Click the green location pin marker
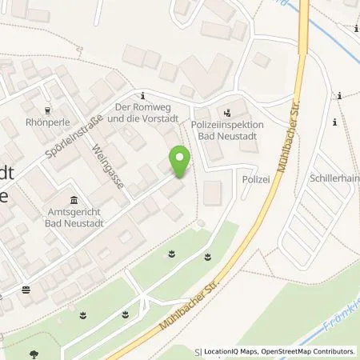[x=181, y=162]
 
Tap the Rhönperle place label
[x=50, y=123]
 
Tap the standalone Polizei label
[x=254, y=181]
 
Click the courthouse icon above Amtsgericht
[x=74, y=199]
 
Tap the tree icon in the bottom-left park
[x=34, y=353]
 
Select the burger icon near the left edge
[x=26, y=289]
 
